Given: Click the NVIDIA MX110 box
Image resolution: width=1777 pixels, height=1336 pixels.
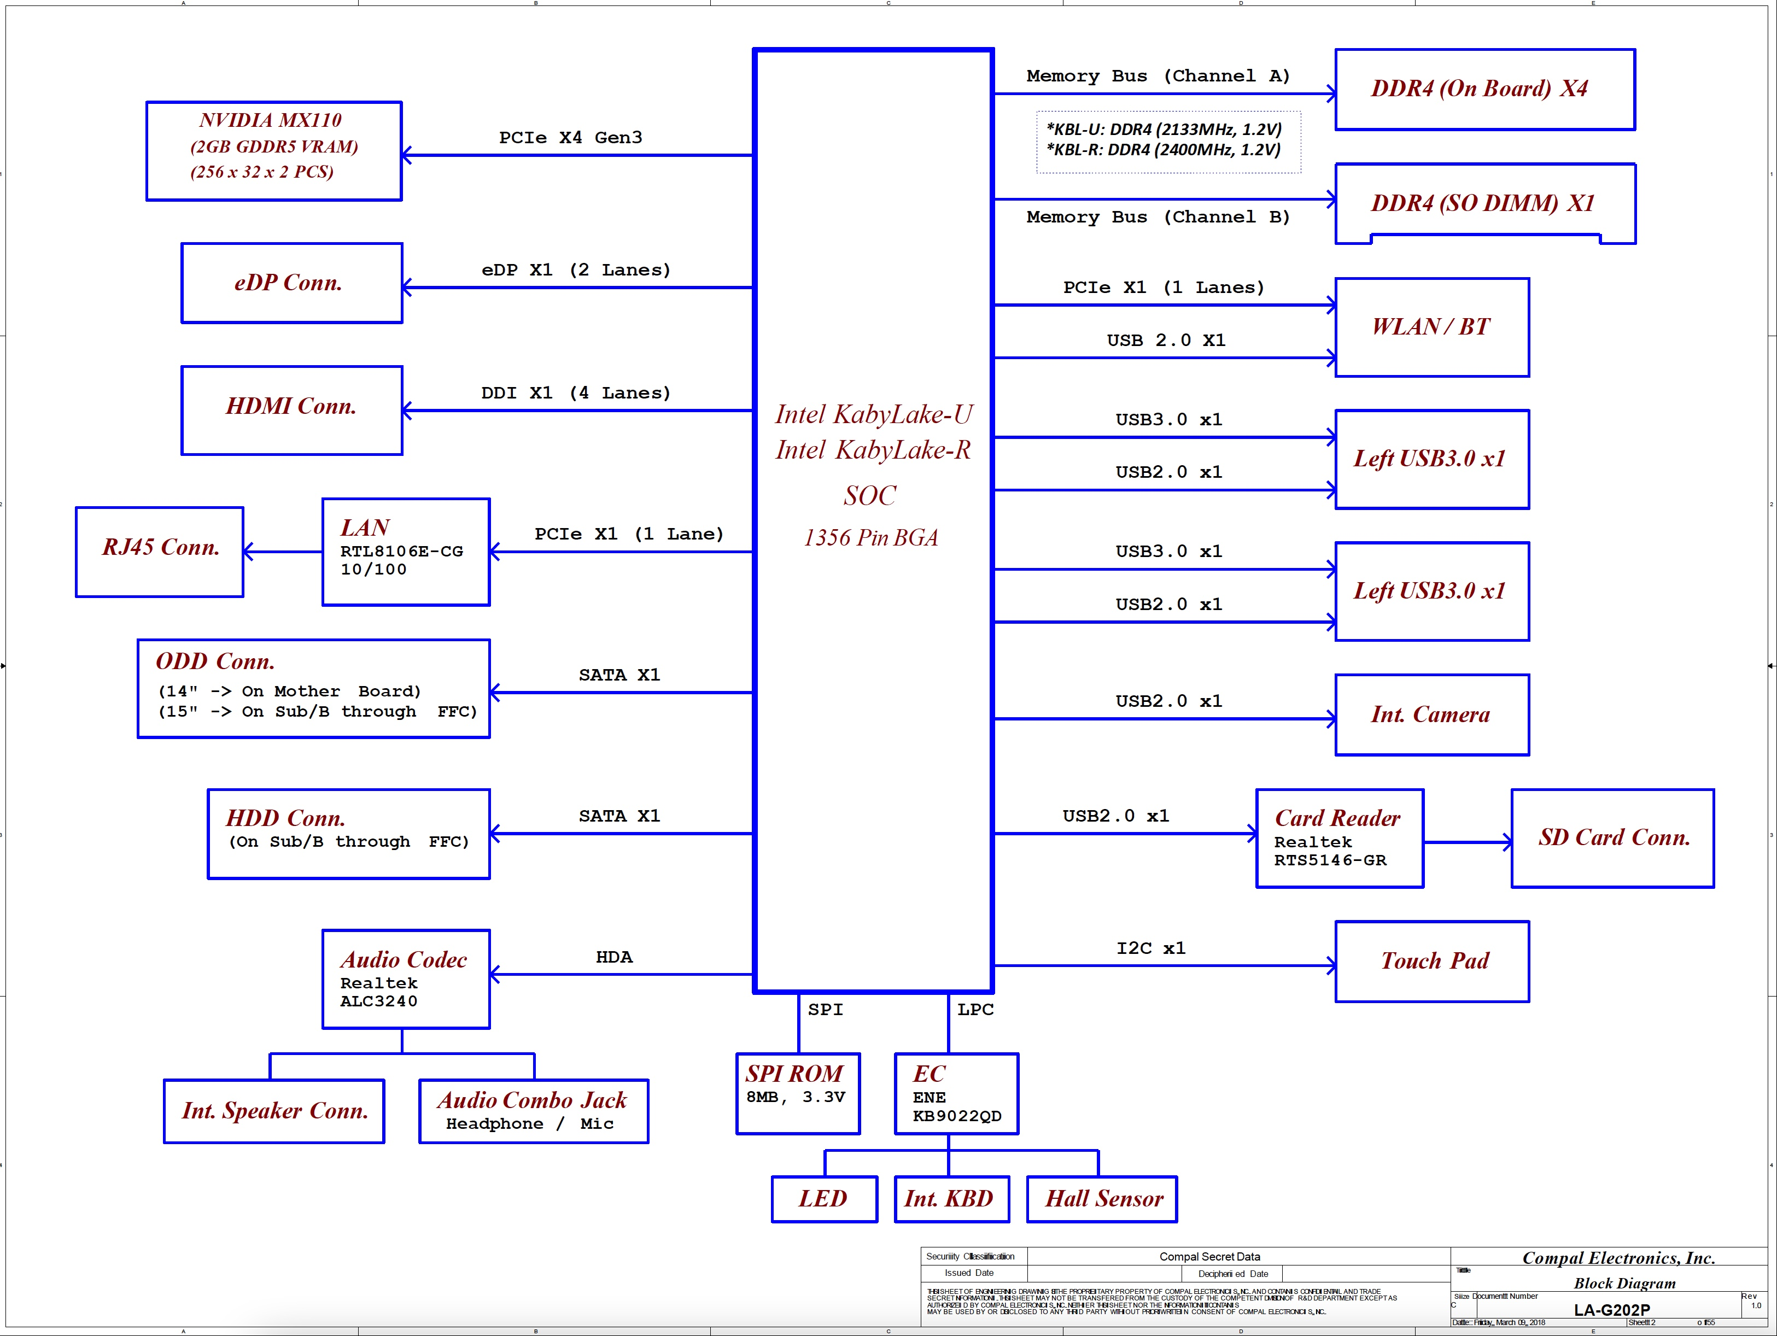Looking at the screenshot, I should pyautogui.click(x=273, y=150).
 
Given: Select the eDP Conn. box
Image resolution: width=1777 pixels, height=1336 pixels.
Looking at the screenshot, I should pyautogui.click(x=291, y=283).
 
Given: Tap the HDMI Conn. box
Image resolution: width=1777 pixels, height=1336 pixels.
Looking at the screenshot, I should pyautogui.click(x=291, y=410).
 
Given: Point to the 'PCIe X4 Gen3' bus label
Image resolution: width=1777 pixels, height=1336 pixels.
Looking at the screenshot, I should pyautogui.click(x=570, y=137).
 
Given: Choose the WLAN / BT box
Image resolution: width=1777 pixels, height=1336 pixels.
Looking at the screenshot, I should pyautogui.click(x=1431, y=327).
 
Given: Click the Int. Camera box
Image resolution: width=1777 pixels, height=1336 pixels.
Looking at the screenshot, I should pyautogui.click(x=1431, y=714).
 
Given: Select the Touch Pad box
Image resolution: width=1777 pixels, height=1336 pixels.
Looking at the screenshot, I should pyautogui.click(x=1431, y=961).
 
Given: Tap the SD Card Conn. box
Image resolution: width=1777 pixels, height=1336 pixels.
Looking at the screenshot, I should pyautogui.click(x=1612, y=838).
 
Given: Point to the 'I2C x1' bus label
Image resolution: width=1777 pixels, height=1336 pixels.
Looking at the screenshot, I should pyautogui.click(x=1150, y=948).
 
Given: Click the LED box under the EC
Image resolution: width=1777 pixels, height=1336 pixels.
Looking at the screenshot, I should pyautogui.click(x=823, y=1199).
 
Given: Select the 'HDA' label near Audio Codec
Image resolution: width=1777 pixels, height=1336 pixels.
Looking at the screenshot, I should pyautogui.click(x=614, y=957).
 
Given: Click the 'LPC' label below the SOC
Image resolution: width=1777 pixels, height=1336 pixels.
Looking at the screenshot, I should pyautogui.click(x=975, y=1009).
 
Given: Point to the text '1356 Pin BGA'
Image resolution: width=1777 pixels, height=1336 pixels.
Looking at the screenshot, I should pyautogui.click(x=871, y=537).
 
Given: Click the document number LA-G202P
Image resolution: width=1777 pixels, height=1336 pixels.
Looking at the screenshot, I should pyautogui.click(x=1611, y=1310).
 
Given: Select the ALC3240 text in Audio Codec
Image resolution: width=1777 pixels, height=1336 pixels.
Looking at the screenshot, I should pyautogui.click(x=378, y=1001).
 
